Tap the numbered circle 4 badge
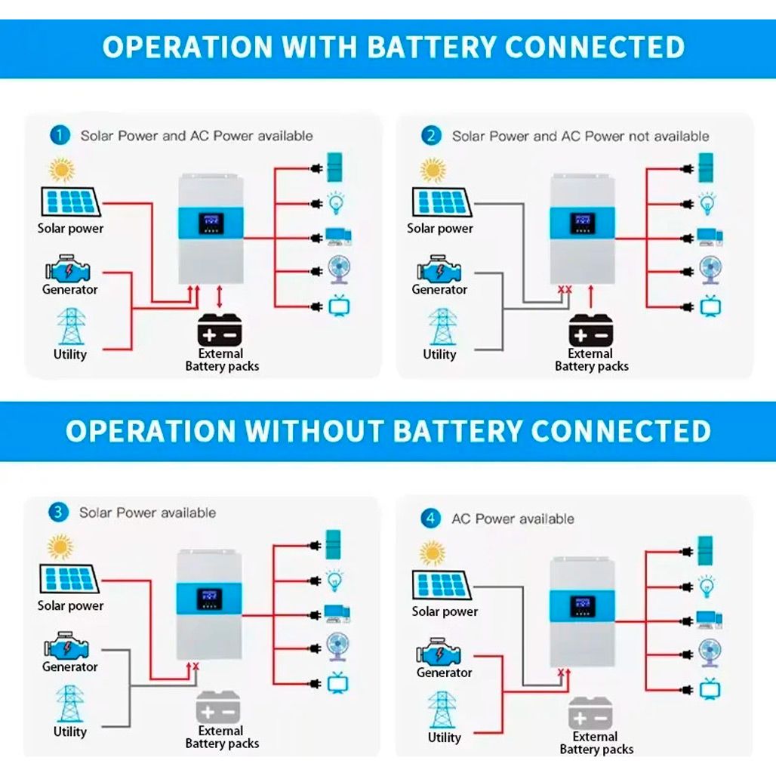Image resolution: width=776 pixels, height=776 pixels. (431, 519)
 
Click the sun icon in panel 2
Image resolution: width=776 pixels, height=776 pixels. (433, 171)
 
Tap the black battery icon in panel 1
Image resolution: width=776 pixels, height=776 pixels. (220, 329)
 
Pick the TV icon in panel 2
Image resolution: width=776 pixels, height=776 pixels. (710, 306)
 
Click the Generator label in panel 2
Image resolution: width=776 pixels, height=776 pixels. (439, 289)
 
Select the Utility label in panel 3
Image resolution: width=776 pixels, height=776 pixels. (70, 731)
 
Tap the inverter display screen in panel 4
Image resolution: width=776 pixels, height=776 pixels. (582, 606)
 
